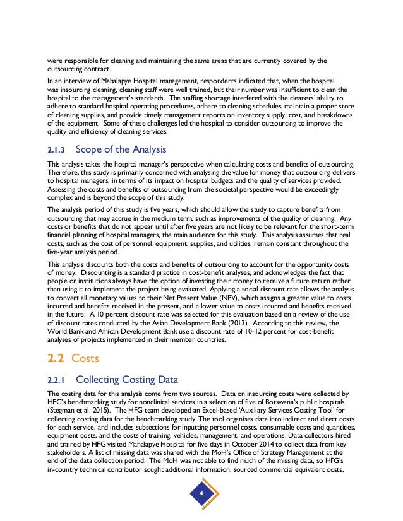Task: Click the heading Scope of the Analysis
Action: pyautogui.click(x=121, y=149)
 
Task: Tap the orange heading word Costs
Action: pyautogui.click(x=86, y=358)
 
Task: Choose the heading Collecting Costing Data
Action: pyautogui.click(x=126, y=380)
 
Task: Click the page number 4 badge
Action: pyautogui.click(x=201, y=492)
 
